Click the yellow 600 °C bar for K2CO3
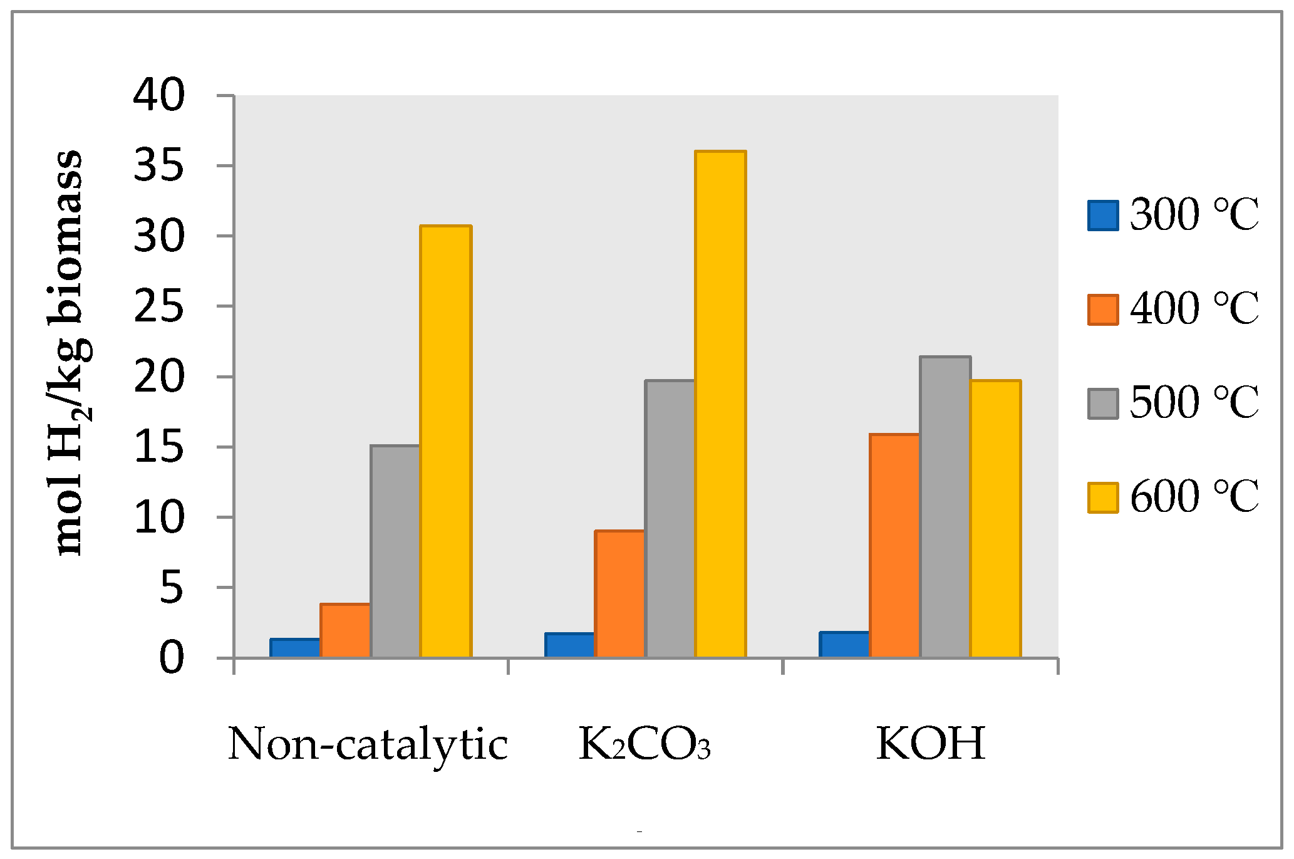pos(721,404)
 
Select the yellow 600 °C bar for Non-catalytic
pos(445,441)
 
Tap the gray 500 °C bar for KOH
pos(945,507)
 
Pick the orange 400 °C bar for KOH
pos(894,546)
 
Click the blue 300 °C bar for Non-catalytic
pos(295,648)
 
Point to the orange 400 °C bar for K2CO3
pos(619,594)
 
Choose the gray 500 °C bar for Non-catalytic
pos(395,551)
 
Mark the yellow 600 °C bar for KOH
pos(995,519)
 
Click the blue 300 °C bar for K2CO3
pos(569,645)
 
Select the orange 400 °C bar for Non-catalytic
pos(345,630)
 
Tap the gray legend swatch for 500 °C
pos(1103,403)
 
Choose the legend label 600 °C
pos(1194,497)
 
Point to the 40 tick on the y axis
pos(159,96)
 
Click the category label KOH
pos(931,744)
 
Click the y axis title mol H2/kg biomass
pos(70,353)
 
